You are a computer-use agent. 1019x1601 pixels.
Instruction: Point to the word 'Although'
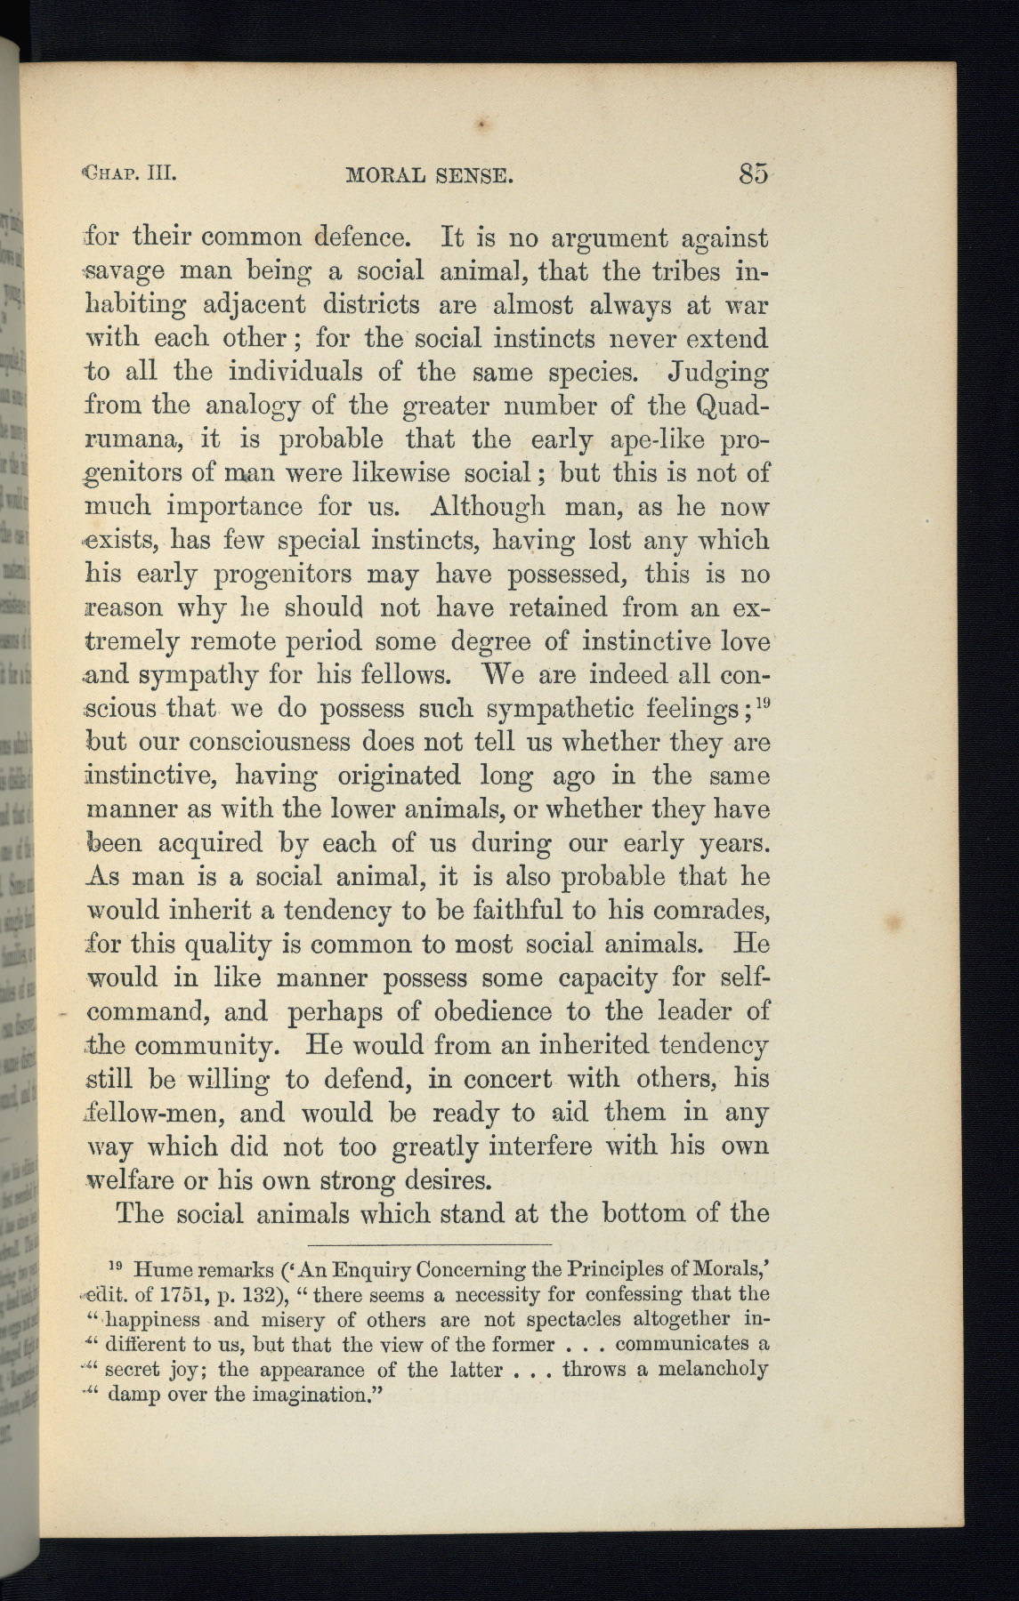pyautogui.click(x=487, y=507)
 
